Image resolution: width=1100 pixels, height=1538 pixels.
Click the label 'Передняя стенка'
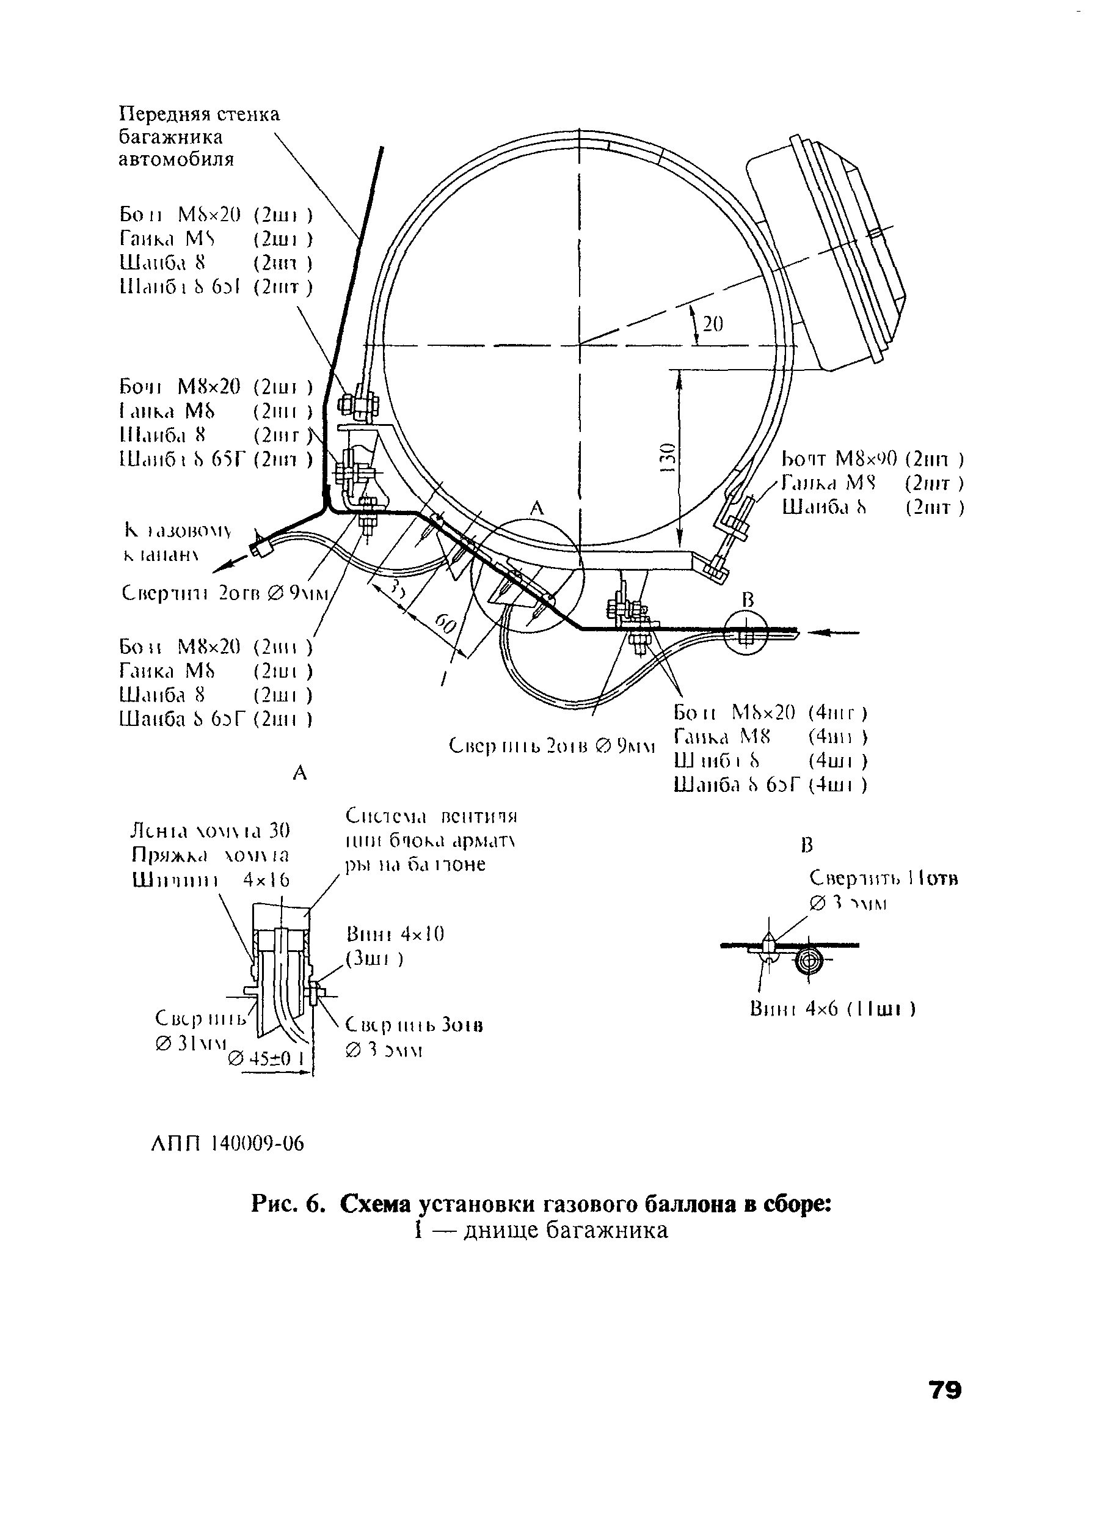click(199, 114)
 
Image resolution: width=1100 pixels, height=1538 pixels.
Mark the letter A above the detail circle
click(536, 507)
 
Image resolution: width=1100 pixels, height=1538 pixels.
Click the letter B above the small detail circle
click(748, 599)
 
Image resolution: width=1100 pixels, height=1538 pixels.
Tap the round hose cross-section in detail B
click(809, 959)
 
